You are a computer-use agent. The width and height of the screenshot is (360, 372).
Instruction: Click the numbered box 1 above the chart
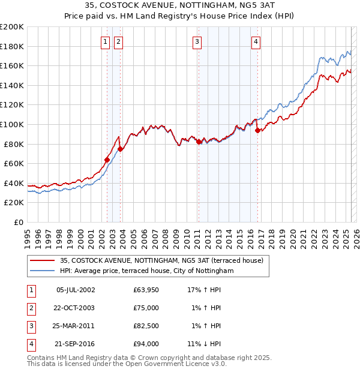click(105, 41)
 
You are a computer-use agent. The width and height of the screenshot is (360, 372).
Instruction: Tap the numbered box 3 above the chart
click(197, 41)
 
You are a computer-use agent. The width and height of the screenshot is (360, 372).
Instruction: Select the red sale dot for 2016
click(257, 130)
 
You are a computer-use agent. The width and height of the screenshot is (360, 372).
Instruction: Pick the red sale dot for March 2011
click(199, 142)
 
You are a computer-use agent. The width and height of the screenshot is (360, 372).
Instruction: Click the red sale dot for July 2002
click(107, 160)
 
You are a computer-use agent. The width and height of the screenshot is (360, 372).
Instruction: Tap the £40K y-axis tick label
click(14, 183)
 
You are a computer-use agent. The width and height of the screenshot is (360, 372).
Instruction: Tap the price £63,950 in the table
click(146, 290)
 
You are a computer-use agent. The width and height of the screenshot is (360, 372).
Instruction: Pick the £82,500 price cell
click(146, 326)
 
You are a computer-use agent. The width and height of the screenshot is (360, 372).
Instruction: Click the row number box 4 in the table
click(31, 344)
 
